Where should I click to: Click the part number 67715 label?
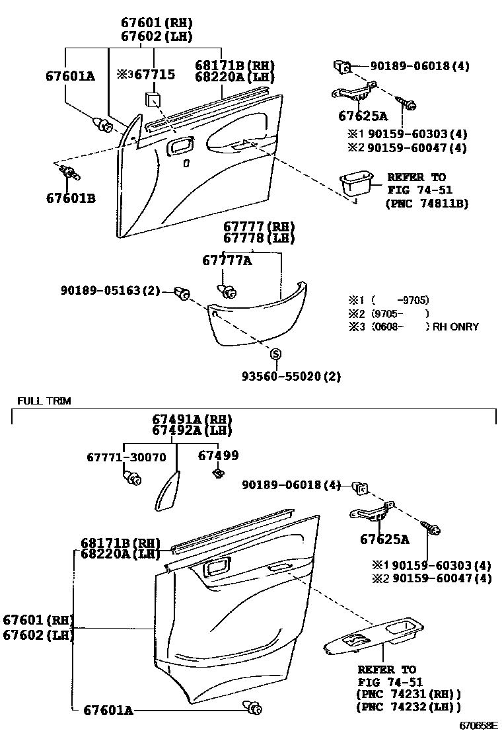[155, 75]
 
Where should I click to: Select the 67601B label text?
[71, 198]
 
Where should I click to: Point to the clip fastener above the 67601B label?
[67, 174]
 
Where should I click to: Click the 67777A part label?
[227, 261]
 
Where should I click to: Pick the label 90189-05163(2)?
[110, 290]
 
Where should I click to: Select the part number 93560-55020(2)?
[291, 376]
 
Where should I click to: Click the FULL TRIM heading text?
[44, 401]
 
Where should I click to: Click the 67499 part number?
[219, 455]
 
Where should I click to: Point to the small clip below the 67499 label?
[216, 473]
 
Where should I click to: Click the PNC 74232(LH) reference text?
[408, 707]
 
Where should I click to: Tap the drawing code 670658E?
[479, 726]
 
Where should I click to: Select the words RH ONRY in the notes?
[456, 327]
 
